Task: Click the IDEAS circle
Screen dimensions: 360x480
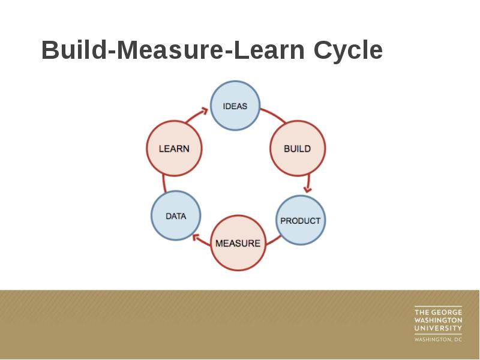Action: [235, 106]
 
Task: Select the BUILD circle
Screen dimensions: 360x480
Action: [297, 148]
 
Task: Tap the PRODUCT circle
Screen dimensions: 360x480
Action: [300, 220]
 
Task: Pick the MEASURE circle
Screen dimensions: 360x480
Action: [238, 243]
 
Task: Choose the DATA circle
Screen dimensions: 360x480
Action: [176, 215]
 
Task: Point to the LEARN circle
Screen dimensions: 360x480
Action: [173, 148]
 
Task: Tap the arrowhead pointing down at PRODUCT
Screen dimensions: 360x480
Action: [308, 188]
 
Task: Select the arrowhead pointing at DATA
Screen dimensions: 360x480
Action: [196, 238]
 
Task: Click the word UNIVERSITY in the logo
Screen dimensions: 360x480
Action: [438, 328]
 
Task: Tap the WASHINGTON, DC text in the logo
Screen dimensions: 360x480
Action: [438, 340]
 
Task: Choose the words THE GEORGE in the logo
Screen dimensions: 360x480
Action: [438, 312]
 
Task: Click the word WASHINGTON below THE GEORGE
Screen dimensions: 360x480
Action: [438, 320]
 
